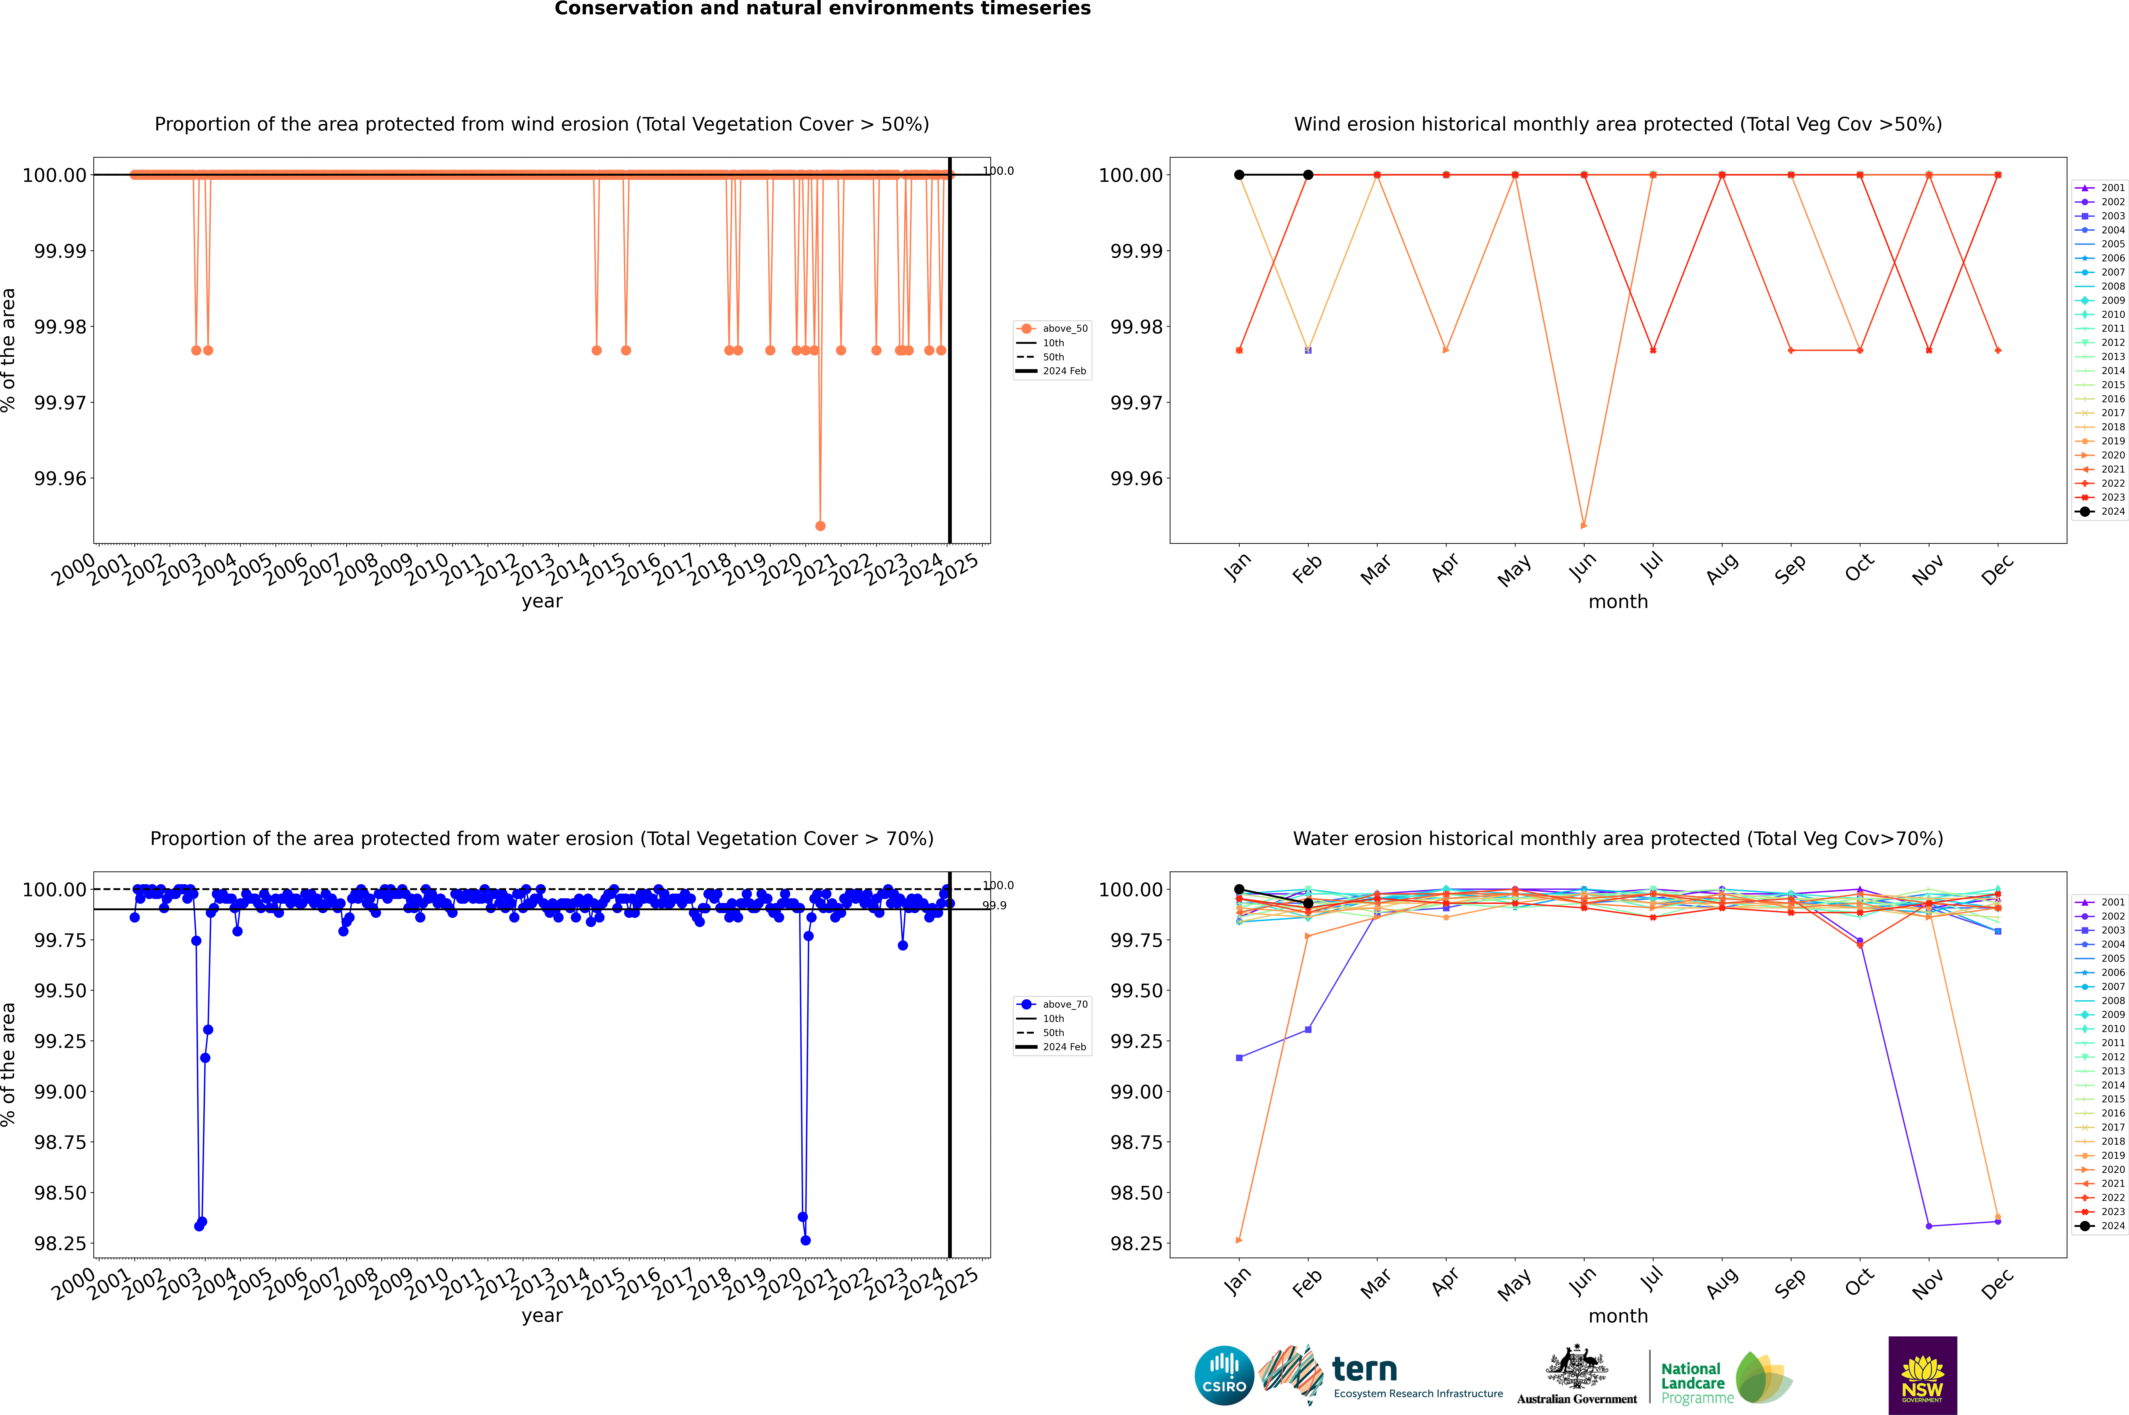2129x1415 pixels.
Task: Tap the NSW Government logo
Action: [1922, 1375]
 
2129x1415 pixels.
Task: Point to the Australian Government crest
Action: [1577, 1370]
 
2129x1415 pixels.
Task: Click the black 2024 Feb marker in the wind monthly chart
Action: [1308, 175]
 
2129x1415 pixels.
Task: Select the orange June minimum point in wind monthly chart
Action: [1584, 525]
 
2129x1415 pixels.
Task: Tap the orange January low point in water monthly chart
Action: [1239, 1240]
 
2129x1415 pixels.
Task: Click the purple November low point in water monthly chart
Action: [1929, 1226]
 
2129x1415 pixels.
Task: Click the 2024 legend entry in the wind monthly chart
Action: [2100, 512]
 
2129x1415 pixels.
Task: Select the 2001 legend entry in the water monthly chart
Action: [2100, 902]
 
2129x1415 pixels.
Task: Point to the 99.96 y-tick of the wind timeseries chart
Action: [60, 478]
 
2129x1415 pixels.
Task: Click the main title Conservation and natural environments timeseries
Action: [822, 9]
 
